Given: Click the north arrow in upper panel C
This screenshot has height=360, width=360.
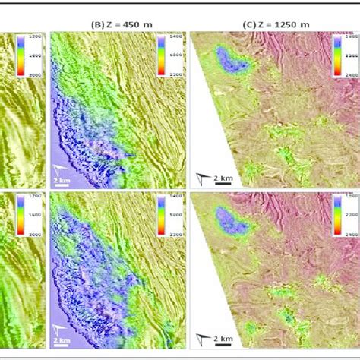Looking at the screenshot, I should [201, 177].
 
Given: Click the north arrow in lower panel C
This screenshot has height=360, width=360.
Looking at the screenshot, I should [201, 338].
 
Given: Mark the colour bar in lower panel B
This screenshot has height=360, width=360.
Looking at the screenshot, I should [162, 217].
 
